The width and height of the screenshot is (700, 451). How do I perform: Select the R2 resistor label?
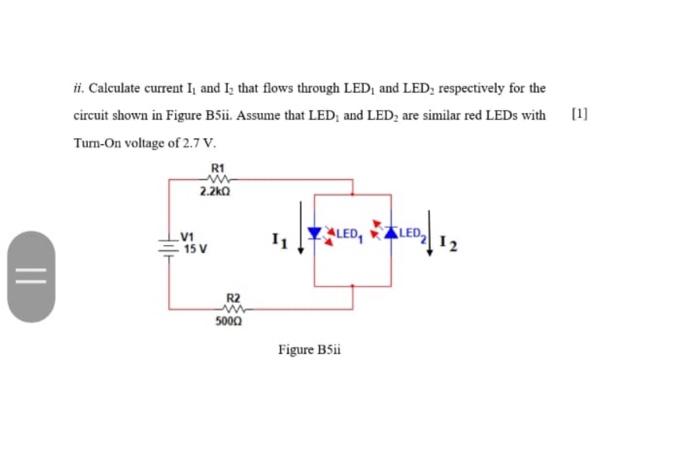point(233,298)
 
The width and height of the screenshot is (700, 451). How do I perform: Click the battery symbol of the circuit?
point(168,242)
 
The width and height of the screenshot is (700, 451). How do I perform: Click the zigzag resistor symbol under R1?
point(219,178)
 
